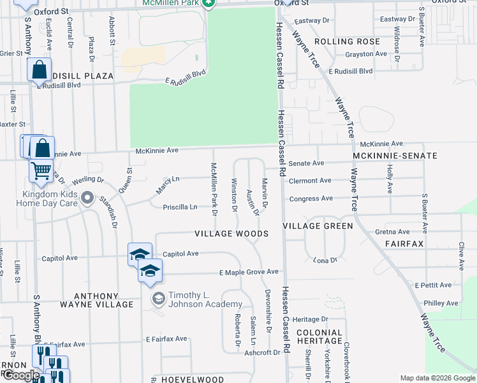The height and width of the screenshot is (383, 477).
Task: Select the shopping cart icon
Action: (41, 170)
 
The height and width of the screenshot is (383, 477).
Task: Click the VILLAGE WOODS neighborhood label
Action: (231, 234)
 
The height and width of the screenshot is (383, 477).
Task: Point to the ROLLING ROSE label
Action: (347, 41)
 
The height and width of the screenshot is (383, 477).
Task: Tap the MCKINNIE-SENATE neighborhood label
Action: (395, 156)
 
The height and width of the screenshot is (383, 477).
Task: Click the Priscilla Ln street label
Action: (180, 207)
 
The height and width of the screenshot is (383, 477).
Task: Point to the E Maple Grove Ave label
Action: (249, 273)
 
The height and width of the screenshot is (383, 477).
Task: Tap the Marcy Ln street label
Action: (168, 185)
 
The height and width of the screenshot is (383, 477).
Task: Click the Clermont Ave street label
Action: (311, 181)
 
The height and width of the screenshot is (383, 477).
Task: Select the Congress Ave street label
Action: (312, 199)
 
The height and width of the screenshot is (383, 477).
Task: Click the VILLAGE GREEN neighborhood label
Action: (318, 226)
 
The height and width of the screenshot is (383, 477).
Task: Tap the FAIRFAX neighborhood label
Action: (404, 244)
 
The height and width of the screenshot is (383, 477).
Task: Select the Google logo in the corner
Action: (21, 375)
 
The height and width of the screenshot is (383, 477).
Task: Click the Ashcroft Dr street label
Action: (263, 352)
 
